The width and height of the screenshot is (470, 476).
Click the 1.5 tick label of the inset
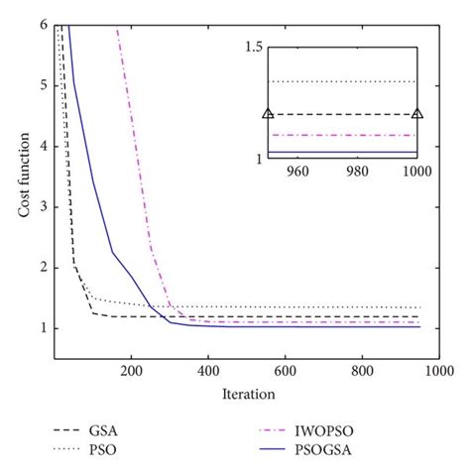tap(252, 48)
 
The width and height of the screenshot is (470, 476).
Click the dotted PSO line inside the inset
tap(342, 81)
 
